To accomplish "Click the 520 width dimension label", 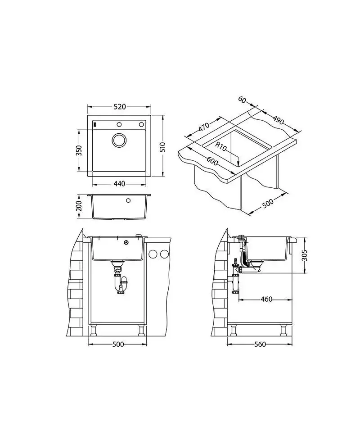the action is click(x=119, y=107).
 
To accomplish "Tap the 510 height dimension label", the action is click(x=162, y=147).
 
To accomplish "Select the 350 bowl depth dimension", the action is click(x=79, y=150).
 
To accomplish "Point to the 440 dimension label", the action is click(x=119, y=184).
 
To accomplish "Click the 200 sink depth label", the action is click(x=79, y=206).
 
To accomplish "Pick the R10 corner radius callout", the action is click(x=220, y=146).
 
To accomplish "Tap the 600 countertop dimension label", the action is click(x=212, y=161).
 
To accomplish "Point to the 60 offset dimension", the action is click(x=242, y=100).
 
